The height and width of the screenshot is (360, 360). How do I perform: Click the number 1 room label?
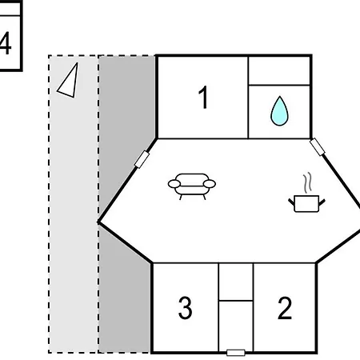pyautogui.click(x=203, y=98)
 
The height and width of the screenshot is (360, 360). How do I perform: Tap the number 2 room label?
pyautogui.click(x=285, y=308)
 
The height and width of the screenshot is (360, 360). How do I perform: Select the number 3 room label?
pyautogui.click(x=185, y=308)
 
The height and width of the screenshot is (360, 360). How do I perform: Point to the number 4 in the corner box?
pyautogui.click(x=6, y=43)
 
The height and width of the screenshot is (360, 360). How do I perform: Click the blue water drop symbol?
pyautogui.click(x=279, y=111)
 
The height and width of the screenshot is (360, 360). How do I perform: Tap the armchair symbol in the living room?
pyautogui.click(x=192, y=186)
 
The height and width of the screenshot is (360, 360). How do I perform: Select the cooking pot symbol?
pyautogui.click(x=306, y=204)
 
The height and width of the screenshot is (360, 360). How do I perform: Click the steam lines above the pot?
pyautogui.click(x=307, y=182)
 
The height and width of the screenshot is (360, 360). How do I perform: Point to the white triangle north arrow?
pyautogui.click(x=68, y=80)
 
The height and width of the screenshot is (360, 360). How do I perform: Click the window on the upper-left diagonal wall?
pyautogui.click(x=142, y=159)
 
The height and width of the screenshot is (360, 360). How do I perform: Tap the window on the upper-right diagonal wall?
pyautogui.click(x=318, y=146)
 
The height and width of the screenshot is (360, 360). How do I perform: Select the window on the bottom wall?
pyautogui.click(x=236, y=353)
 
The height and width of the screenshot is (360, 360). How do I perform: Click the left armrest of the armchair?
pyautogui.click(x=174, y=184)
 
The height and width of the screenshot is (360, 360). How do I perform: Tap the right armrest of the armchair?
pyautogui.click(x=210, y=184)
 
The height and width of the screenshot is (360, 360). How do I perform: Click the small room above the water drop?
pyautogui.click(x=279, y=71)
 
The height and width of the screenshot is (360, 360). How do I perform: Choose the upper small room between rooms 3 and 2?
pyautogui.click(x=236, y=282)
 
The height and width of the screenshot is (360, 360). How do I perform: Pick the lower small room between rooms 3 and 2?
pyautogui.click(x=236, y=326)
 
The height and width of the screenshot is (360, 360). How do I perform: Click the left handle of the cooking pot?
pyautogui.click(x=292, y=202)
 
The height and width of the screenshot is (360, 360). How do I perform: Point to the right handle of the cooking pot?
pyautogui.click(x=322, y=202)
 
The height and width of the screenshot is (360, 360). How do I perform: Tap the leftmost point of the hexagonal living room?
pyautogui.click(x=98, y=222)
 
